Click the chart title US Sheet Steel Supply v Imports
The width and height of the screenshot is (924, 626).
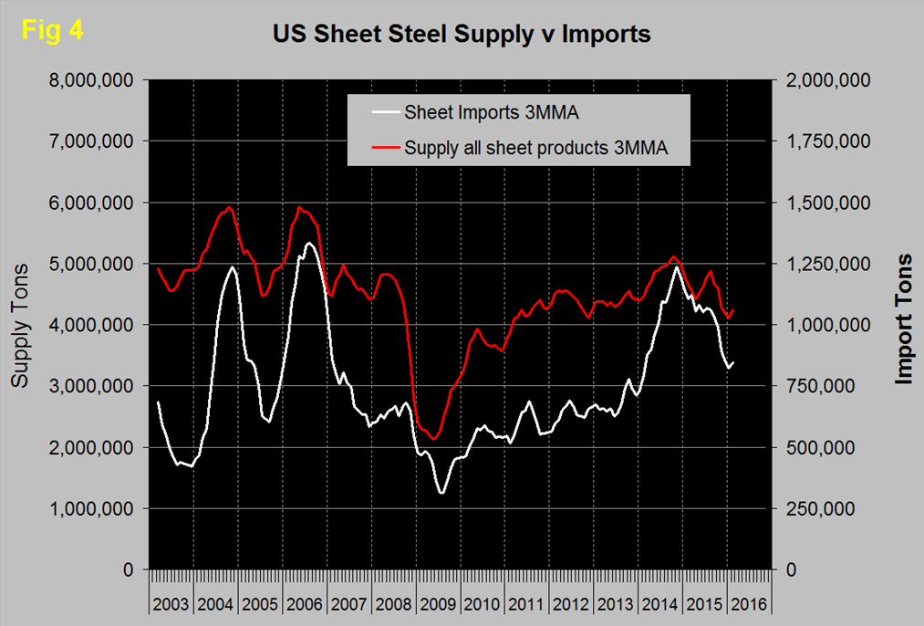click(x=462, y=35)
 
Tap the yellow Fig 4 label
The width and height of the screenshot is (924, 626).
click(x=52, y=30)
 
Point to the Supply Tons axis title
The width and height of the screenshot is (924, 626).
click(x=20, y=324)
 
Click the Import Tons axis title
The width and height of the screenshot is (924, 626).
click(x=904, y=318)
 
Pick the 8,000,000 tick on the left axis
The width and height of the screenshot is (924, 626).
click(x=90, y=80)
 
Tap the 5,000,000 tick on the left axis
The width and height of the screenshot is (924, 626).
click(x=90, y=264)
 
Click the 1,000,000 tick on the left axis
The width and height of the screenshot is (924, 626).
click(x=90, y=508)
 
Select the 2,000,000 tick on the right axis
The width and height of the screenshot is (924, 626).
click(x=826, y=80)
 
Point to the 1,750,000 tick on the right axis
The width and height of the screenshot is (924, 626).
click(x=826, y=141)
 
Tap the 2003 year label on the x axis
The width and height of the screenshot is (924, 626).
click(x=171, y=604)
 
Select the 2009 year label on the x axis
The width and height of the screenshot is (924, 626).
click(x=438, y=604)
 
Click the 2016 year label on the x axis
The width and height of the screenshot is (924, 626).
click(x=749, y=604)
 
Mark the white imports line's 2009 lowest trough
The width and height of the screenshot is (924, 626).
click(x=442, y=494)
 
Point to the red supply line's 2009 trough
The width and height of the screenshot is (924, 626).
click(x=433, y=438)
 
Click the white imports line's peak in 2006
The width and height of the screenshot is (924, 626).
click(x=309, y=243)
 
